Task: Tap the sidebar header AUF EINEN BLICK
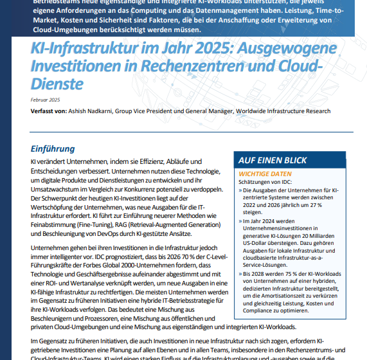[x=272, y=161]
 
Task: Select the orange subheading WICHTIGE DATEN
[x=264, y=174]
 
